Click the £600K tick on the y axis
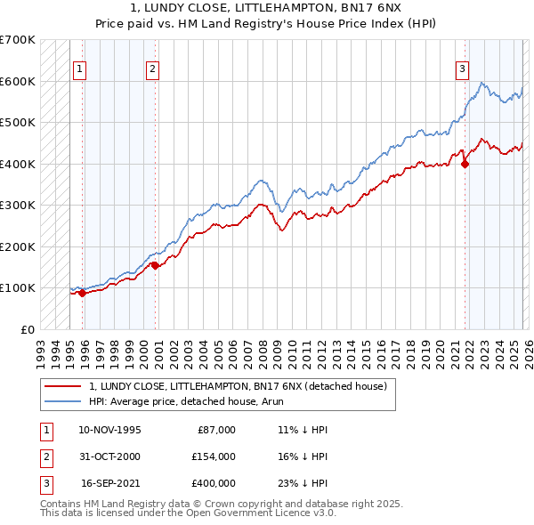(18, 81)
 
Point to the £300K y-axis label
(18, 205)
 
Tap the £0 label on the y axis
(27, 329)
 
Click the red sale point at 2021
(465, 163)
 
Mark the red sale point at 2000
(155, 264)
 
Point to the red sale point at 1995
(82, 293)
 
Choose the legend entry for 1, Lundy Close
(237, 387)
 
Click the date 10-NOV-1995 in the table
(109, 430)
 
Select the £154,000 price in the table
(213, 456)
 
